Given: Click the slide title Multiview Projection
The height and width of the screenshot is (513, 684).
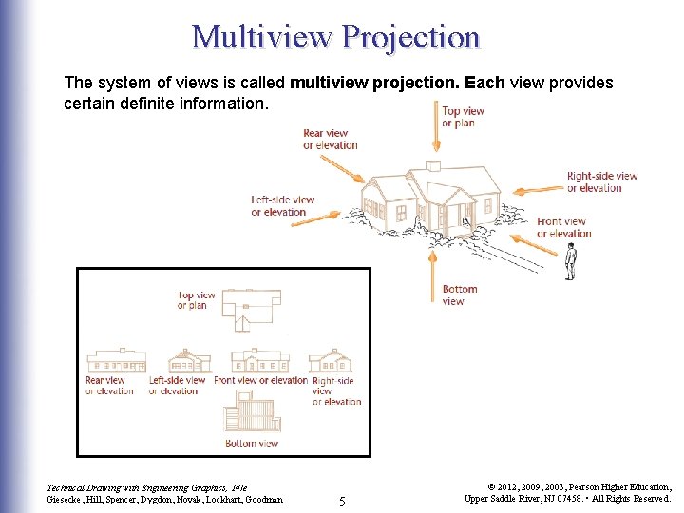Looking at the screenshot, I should [x=336, y=36].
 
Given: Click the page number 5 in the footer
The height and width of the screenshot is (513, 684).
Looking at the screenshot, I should [x=343, y=500].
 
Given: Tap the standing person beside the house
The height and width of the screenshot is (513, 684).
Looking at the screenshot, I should [x=571, y=261].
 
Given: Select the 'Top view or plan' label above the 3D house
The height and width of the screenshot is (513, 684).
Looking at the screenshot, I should [x=463, y=117].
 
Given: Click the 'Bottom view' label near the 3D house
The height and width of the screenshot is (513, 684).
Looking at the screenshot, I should [x=460, y=294].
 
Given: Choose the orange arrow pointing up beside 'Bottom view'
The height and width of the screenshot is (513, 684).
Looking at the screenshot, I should [x=435, y=275].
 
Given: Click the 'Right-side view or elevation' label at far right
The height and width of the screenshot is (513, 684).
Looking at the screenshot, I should [x=601, y=181].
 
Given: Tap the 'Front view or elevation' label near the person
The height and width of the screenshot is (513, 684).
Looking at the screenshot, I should [x=563, y=228].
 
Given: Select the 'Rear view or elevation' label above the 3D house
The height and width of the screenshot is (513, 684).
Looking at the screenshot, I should [x=330, y=140].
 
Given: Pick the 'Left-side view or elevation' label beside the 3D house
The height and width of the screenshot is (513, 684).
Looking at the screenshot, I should [x=282, y=205].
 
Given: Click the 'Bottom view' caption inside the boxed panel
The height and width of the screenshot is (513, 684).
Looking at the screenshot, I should [x=252, y=443].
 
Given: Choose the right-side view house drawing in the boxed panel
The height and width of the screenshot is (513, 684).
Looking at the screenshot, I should [x=332, y=361].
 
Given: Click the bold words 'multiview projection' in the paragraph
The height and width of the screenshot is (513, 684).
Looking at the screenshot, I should [x=372, y=84].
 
